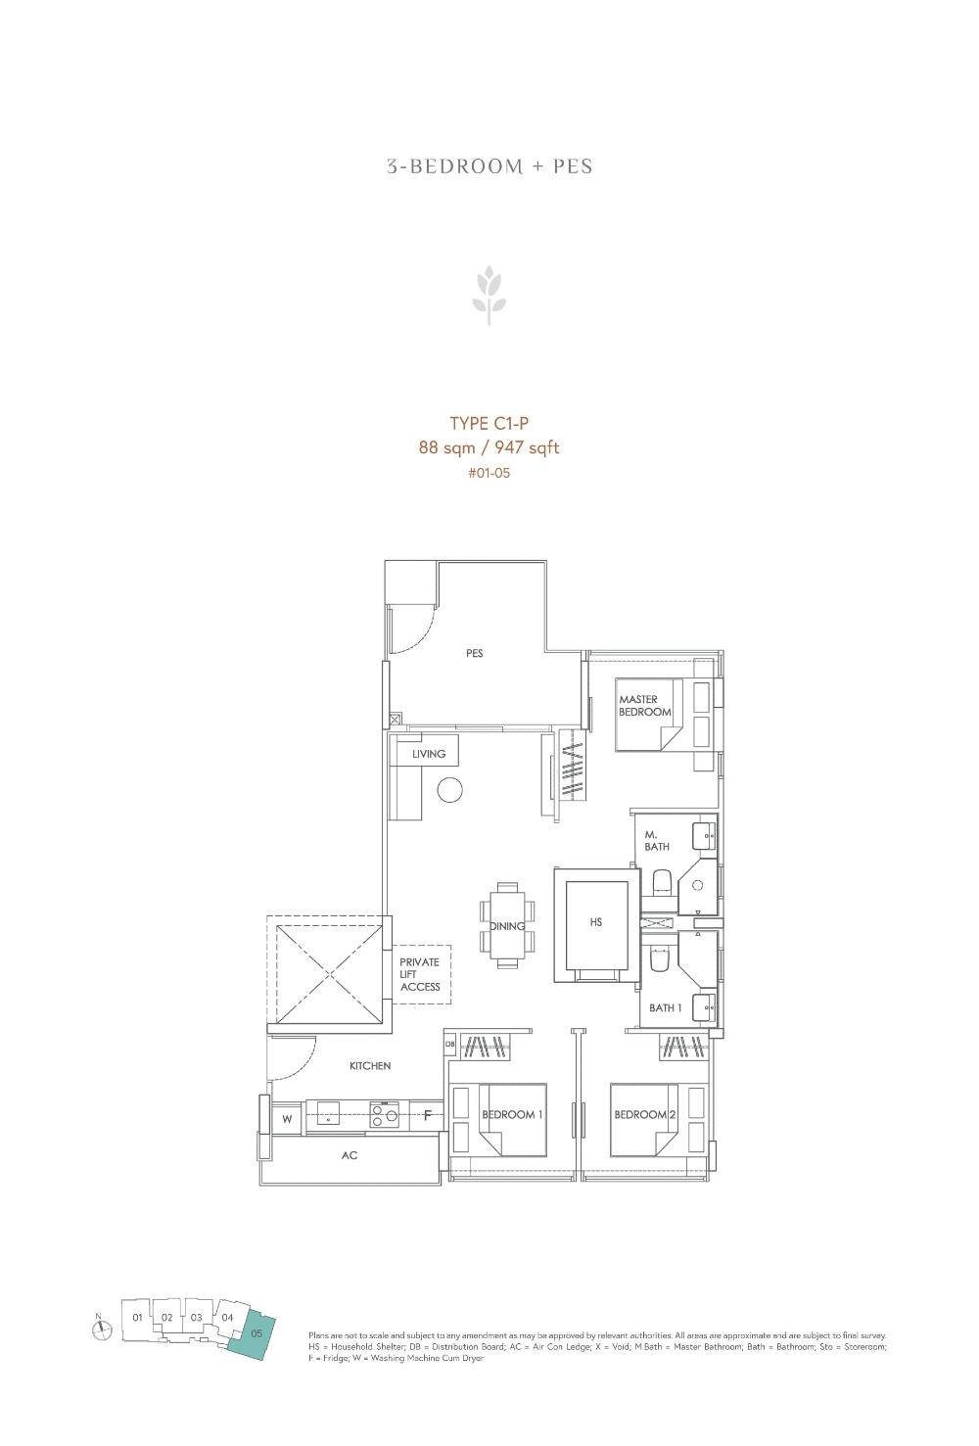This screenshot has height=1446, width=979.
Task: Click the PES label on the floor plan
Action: coord(475,653)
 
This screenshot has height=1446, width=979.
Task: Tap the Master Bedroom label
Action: coord(644,706)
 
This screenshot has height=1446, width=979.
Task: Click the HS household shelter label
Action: coord(596,922)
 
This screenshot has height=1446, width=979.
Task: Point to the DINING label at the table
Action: coord(507,926)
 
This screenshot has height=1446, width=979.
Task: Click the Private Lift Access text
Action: coord(420,974)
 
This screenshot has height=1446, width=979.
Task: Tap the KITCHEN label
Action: coord(370,1065)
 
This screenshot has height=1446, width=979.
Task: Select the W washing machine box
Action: coord(288,1117)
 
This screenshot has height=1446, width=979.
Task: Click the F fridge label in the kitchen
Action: coord(427,1115)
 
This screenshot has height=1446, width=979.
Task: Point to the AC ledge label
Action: coord(350,1156)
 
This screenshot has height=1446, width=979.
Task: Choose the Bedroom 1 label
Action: coord(513,1115)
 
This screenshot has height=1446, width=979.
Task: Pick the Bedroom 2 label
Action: coord(645,1115)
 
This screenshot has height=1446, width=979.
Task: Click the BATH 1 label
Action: coord(666,1007)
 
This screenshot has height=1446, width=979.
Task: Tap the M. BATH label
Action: coord(657,841)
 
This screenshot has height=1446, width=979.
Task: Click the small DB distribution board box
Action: coord(449,1045)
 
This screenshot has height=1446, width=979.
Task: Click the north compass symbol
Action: coord(102,1329)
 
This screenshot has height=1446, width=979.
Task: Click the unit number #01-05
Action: coord(489,473)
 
